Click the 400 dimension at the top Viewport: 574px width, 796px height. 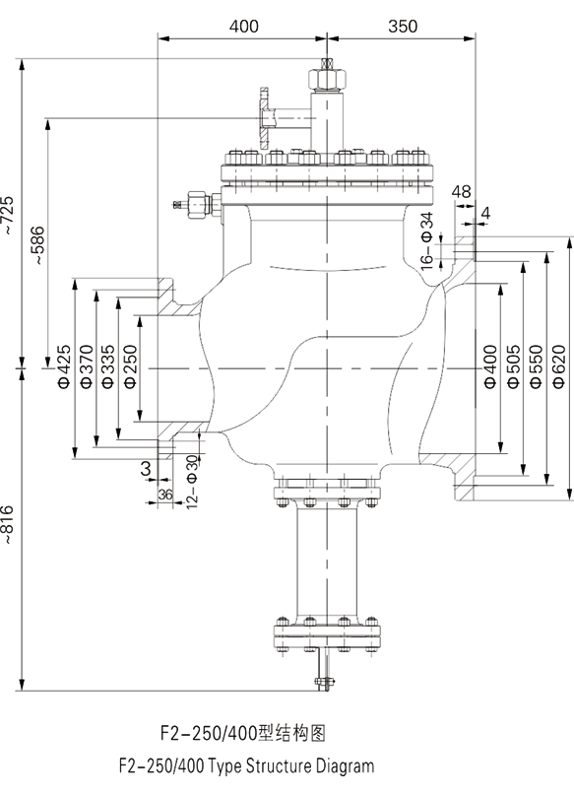click(x=243, y=26)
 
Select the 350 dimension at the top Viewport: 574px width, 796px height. click(x=403, y=26)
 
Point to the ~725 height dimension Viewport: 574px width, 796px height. click(x=9, y=215)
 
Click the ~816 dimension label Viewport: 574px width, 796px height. click(x=9, y=525)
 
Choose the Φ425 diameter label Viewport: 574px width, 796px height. click(x=65, y=366)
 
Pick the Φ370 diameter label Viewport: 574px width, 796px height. click(x=87, y=366)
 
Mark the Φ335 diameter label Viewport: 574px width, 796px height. click(x=108, y=366)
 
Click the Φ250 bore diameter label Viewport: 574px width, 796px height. click(x=130, y=366)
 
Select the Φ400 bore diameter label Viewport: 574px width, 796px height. click(x=490, y=366)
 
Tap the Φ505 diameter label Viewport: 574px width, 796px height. click(x=514, y=366)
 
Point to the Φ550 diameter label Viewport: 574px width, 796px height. click(x=537, y=366)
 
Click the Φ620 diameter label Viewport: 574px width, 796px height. click(x=559, y=366)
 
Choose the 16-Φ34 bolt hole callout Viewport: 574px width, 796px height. click(x=428, y=240)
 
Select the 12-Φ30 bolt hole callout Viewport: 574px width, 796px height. click(x=192, y=482)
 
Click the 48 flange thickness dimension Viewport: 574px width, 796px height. click(x=462, y=191)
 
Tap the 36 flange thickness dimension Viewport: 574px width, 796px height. click(x=165, y=494)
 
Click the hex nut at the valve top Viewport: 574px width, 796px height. click(x=327, y=79)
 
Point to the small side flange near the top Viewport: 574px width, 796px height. click(x=264, y=119)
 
